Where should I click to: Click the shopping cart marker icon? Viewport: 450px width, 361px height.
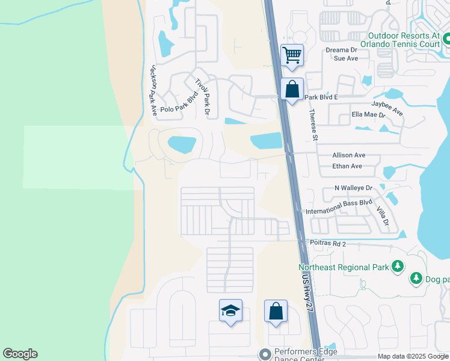(x=292, y=55)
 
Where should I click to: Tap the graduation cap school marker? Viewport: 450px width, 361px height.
(x=230, y=310)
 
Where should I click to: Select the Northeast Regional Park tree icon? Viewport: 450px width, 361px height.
(x=397, y=266)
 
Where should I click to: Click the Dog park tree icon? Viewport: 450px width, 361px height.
(x=416, y=279)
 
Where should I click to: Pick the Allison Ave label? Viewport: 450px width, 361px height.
(x=348, y=155)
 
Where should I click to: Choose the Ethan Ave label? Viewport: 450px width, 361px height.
(x=347, y=166)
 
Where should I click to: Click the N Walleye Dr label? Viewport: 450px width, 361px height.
(x=354, y=188)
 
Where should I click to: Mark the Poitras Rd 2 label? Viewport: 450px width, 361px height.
(x=328, y=244)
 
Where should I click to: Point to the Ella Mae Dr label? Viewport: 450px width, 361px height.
(x=368, y=114)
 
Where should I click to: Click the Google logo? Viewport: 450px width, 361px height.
(x=20, y=354)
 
